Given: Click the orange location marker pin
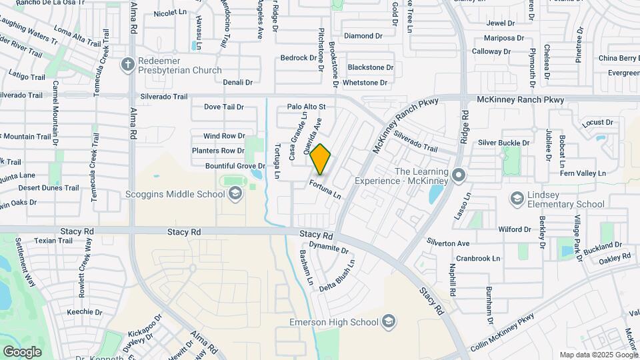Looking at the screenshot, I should pos(321,159).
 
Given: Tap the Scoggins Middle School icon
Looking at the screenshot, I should pos(234,194).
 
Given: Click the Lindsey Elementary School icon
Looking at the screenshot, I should pos(517,198).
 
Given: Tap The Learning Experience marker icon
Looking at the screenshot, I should pos(458,175).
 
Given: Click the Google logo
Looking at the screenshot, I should pos(22,351).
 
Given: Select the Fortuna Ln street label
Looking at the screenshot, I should pos(326,189).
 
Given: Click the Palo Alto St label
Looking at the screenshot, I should pos(306,106).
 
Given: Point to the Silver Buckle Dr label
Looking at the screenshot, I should pos(503,143).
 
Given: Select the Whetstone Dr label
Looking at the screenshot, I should pos(365,83).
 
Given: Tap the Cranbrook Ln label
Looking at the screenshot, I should pos(478,259).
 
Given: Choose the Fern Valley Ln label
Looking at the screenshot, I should pos(585,173).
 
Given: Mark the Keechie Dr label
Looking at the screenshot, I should pos(84,311).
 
